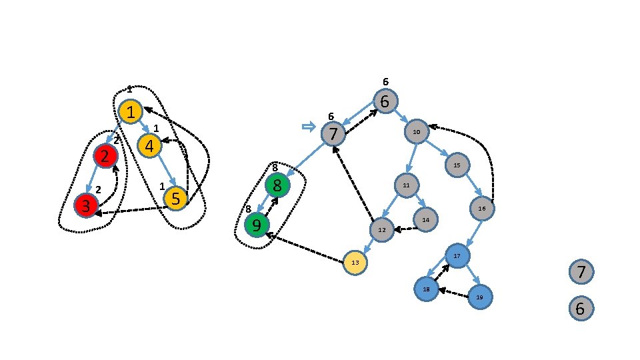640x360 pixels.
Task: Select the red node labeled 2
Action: click(x=105, y=157)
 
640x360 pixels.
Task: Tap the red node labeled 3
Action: click(x=86, y=205)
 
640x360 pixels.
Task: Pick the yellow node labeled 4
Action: click(x=149, y=145)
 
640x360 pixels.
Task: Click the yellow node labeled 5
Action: click(x=175, y=198)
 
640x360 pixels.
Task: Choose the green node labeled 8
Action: click(x=277, y=184)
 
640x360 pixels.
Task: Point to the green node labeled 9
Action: click(x=257, y=225)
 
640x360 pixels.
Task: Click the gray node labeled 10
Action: click(x=416, y=131)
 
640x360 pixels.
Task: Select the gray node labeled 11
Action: click(x=405, y=185)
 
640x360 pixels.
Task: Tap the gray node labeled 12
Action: click(x=382, y=230)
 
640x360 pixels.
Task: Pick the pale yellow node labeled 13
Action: click(x=355, y=263)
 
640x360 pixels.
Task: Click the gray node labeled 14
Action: click(x=425, y=219)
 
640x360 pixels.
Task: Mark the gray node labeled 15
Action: click(x=457, y=164)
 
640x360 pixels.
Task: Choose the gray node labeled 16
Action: click(x=481, y=209)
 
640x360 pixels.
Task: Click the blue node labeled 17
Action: click(x=457, y=255)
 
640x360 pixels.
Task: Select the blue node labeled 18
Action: click(x=426, y=289)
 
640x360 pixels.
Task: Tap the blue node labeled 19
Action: click(x=479, y=296)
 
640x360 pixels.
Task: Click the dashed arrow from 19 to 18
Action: click(x=453, y=293)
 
